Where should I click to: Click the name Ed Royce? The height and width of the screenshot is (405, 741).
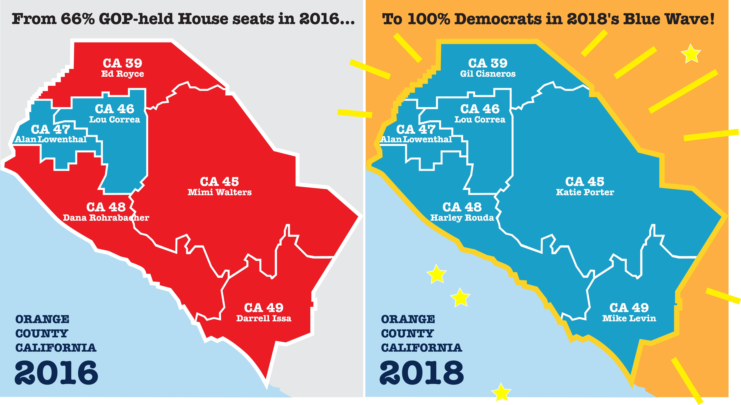123,74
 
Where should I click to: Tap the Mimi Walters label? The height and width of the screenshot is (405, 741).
219,192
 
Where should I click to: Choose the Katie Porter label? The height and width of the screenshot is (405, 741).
585,192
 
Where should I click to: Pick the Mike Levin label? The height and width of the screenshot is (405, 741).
629,318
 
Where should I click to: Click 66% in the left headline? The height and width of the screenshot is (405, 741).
78,19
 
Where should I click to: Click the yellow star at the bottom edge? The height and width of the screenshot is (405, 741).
501,392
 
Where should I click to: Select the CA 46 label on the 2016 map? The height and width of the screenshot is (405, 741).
114,109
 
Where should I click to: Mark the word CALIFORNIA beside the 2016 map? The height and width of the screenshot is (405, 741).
56,348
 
